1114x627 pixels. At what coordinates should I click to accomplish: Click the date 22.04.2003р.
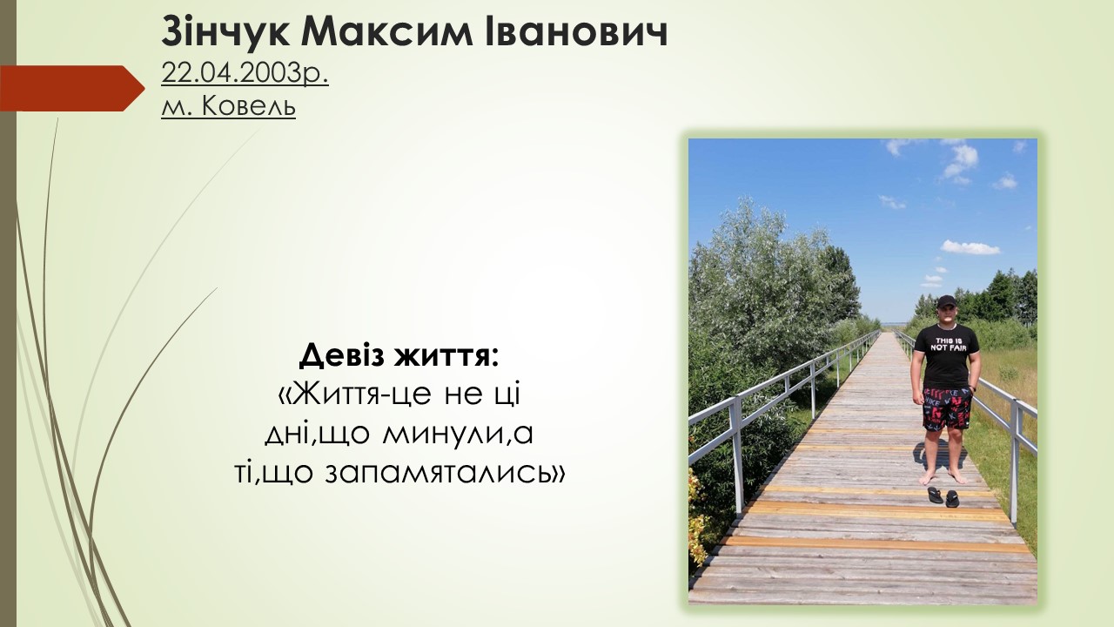(x=245, y=75)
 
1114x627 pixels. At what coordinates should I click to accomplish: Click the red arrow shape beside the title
(x=72, y=88)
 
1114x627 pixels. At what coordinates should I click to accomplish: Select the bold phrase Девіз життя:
(x=399, y=356)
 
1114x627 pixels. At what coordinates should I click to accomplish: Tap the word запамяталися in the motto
(x=440, y=473)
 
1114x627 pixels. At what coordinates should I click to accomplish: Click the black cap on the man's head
(x=946, y=301)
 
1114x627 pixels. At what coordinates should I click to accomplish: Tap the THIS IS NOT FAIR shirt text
(x=947, y=344)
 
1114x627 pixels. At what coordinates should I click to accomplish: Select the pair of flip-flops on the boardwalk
(x=943, y=497)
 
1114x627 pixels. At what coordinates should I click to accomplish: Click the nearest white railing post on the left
(x=736, y=455)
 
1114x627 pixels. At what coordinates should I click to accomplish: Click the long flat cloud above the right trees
(x=970, y=247)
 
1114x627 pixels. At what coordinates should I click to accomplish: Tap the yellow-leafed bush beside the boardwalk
(x=699, y=517)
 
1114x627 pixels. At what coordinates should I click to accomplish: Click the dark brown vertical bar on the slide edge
(x=8, y=313)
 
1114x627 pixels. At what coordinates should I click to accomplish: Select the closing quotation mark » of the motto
(x=560, y=475)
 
